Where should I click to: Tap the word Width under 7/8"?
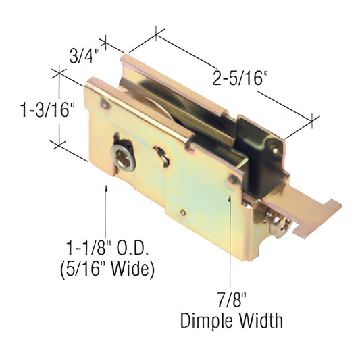click(x=258, y=318)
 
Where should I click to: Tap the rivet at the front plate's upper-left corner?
click(x=103, y=105)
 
